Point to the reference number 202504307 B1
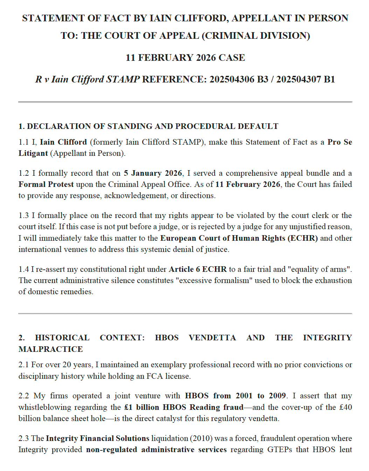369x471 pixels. (306, 79)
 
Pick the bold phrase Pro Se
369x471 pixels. (340, 142)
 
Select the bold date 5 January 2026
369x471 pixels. (153, 173)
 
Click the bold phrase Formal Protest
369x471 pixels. (46, 184)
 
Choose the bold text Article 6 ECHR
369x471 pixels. (197, 269)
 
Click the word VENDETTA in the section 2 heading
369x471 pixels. (212, 338)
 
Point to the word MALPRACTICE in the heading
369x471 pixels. (51, 349)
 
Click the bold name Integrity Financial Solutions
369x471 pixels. (98, 438)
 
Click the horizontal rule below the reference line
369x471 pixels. (185, 102)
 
